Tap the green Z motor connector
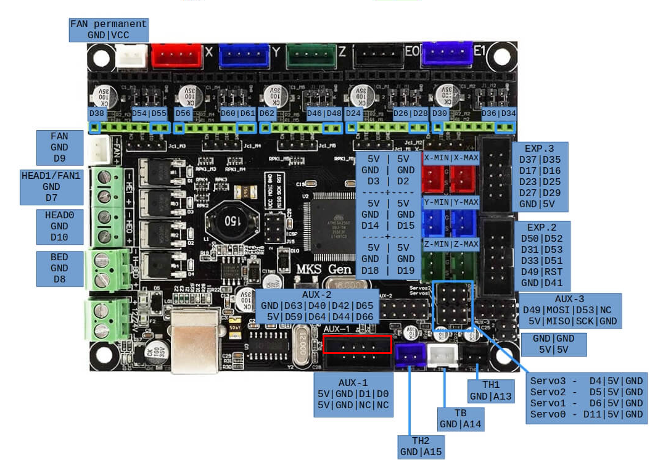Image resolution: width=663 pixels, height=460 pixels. tap(311, 55)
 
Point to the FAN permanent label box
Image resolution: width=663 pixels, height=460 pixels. tap(109, 30)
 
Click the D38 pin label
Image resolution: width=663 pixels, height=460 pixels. tap(96, 113)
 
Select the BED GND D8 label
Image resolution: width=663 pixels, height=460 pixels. tap(59, 268)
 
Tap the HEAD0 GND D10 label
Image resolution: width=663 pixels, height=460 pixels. tap(59, 226)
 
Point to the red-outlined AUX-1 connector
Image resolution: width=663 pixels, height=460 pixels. tap(357, 343)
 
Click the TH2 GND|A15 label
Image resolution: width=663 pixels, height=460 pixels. tap(421, 446)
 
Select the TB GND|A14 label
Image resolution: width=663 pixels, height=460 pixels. tap(459, 419)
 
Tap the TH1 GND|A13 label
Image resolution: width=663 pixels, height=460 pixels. tap(491, 390)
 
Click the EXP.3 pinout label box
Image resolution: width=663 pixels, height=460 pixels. tap(539, 176)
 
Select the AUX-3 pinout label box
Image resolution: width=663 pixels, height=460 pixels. tap(569, 310)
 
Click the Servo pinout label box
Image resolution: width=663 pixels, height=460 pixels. tap(587, 397)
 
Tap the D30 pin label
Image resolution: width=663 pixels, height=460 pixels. tap(439, 113)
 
